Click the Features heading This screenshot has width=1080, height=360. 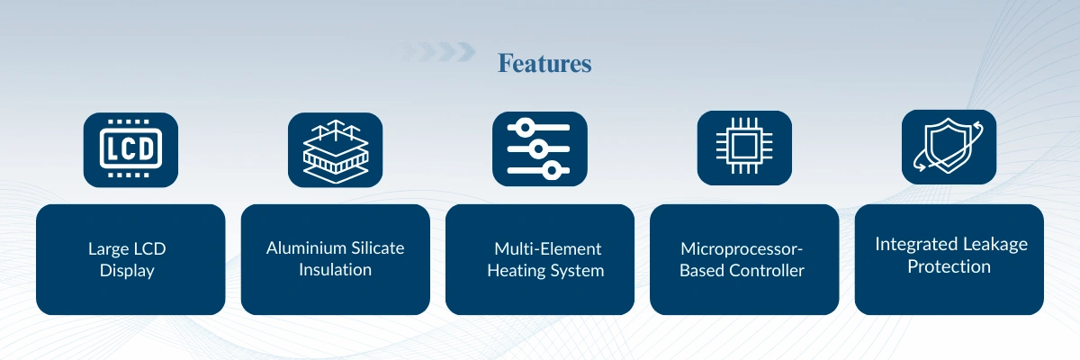tap(544, 63)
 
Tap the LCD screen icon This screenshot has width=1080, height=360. tap(130, 150)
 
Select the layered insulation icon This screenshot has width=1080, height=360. tap(335, 150)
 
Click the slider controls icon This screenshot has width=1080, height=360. tap(539, 148)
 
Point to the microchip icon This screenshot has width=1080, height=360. tap(744, 148)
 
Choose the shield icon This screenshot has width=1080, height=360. tap(949, 147)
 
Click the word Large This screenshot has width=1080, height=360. tap(109, 249)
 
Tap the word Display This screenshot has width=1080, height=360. tap(127, 270)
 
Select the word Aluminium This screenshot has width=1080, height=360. tap(306, 247)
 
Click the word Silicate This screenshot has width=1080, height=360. tap(377, 247)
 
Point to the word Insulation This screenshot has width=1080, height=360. tap(335, 269)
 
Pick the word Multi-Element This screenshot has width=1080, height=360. tap(548, 248)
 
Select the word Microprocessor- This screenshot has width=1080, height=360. tap(742, 249)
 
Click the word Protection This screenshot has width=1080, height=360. tap(949, 266)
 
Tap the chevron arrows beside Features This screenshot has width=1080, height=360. tap(434, 52)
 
